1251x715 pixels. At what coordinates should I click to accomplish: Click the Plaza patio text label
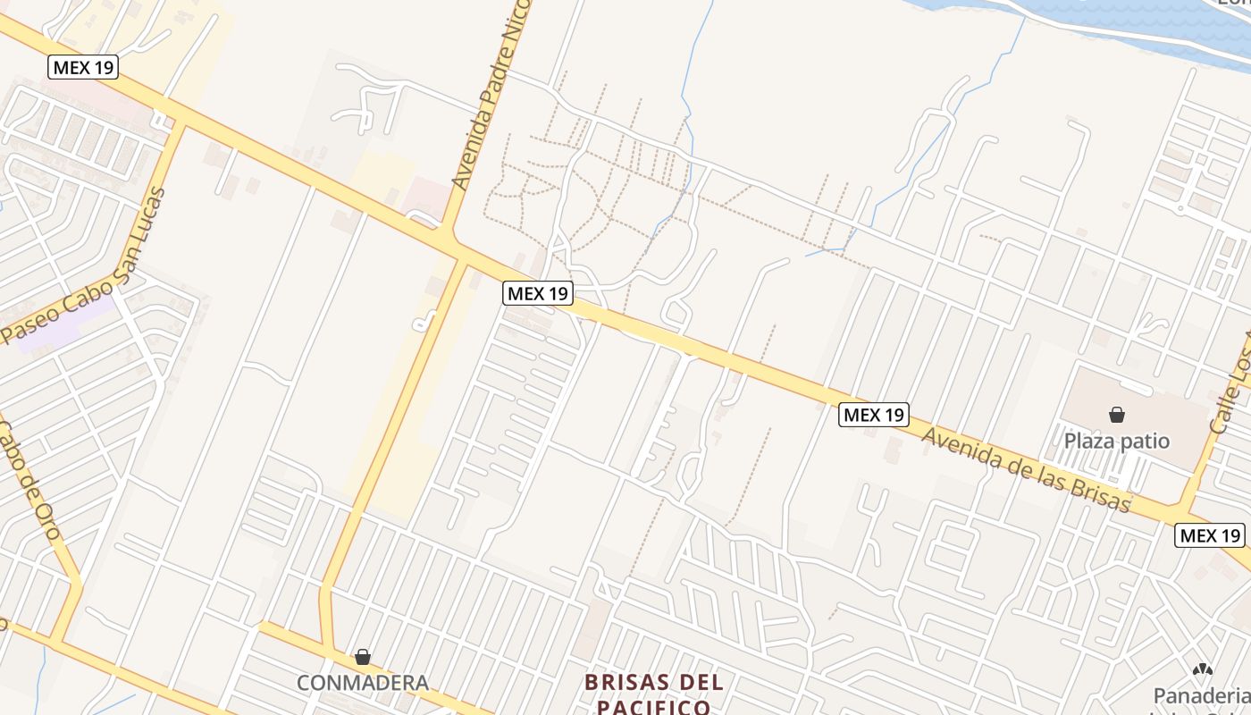[1116, 441]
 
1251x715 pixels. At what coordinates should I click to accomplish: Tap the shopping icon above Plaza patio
[1116, 415]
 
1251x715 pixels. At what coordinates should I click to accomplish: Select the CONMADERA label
[362, 683]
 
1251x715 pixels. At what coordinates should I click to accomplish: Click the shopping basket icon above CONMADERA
[362, 658]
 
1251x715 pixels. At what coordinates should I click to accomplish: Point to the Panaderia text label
[1201, 695]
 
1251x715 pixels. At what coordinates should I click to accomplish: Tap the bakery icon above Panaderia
[1202, 669]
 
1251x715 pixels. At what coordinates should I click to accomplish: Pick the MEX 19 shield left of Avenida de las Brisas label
[874, 415]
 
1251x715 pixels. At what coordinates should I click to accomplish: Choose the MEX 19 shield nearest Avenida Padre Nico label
[537, 293]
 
